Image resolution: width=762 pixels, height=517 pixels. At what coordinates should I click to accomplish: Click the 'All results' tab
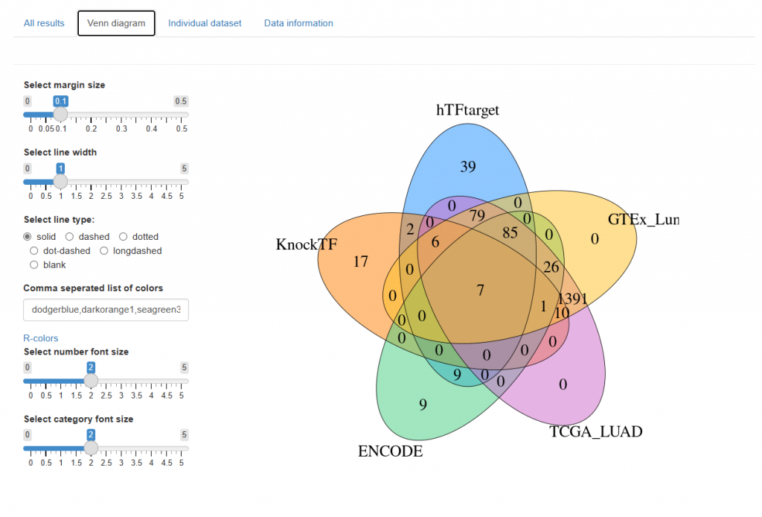(x=44, y=23)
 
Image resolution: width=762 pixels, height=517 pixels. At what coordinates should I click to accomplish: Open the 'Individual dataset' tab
(x=205, y=23)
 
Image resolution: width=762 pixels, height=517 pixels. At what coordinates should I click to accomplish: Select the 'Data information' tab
(x=298, y=23)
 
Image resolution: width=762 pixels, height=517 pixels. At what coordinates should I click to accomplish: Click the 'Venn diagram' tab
(x=116, y=23)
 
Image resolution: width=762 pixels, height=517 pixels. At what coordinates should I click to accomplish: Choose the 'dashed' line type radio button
(x=69, y=237)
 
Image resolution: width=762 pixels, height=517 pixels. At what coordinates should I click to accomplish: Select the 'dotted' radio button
(x=124, y=237)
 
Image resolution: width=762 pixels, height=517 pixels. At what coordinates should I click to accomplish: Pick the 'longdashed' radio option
(x=104, y=251)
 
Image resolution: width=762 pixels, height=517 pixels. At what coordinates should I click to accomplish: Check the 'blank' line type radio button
(x=34, y=265)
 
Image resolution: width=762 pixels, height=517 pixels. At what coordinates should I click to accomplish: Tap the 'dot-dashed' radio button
(x=34, y=251)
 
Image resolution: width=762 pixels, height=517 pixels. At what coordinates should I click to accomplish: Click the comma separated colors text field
(x=106, y=309)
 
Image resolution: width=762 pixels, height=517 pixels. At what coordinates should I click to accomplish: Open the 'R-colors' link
(x=41, y=338)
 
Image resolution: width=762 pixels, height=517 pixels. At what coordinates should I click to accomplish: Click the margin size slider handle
(x=61, y=114)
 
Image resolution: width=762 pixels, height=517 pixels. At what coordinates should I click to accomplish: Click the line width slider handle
(x=61, y=181)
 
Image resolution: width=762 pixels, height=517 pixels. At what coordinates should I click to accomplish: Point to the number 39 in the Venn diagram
(x=467, y=167)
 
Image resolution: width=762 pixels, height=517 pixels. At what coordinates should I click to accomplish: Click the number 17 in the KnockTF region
(x=361, y=261)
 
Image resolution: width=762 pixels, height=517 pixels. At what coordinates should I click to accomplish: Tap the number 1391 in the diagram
(x=573, y=299)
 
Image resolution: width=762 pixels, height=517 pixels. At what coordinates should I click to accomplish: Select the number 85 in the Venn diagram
(x=510, y=232)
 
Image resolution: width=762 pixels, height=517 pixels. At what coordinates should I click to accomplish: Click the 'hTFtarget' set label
(x=467, y=110)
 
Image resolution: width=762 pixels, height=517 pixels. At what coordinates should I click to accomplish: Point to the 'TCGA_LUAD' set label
(x=595, y=431)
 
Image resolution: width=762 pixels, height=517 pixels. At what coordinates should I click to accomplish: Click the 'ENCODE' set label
(x=390, y=451)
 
